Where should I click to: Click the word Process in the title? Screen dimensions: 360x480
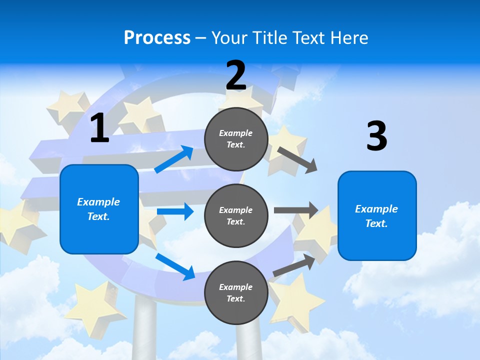coord(157,37)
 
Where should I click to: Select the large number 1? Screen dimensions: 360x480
coord(99,128)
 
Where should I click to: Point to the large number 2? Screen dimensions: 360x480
coord(236,76)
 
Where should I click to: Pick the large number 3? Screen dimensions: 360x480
coord(376,136)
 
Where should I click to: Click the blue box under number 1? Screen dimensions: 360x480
coord(99,209)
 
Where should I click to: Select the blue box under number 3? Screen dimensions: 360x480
coord(377,215)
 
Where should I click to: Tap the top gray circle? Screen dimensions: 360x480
coord(236,139)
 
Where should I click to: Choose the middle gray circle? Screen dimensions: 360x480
coord(236,215)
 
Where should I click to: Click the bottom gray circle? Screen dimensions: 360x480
coord(236,292)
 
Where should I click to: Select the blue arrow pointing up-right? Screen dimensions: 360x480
coord(174,159)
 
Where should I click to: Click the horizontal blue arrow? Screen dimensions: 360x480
coord(175,211)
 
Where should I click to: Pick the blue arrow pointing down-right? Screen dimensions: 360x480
coord(175,266)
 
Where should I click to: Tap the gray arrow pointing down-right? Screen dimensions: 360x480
coord(297,160)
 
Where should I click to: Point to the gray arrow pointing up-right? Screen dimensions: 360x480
coord(294,265)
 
